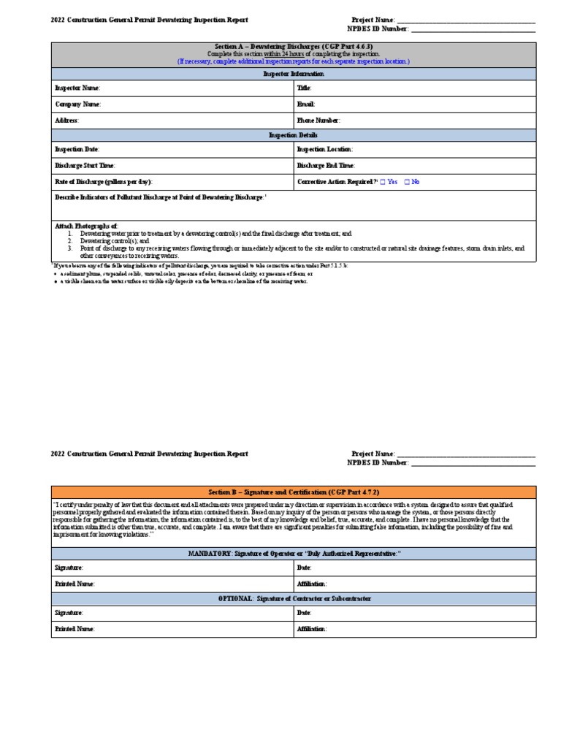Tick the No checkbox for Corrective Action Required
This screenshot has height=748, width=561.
coord(408,182)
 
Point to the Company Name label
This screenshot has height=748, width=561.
coord(77,104)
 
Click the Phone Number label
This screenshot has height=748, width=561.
coord(318,121)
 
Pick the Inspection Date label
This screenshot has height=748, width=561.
coord(76,149)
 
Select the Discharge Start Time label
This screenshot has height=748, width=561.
coord(85,166)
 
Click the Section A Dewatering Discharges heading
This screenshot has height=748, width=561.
coord(294,46)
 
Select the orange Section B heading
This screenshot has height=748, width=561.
coord(294,492)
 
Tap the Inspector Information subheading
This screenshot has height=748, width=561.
coord(294,74)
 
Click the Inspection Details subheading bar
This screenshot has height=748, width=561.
coord(294,136)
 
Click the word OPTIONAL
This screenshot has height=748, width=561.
coord(237,599)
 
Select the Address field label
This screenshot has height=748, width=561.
coord(67,121)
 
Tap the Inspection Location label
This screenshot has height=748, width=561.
coord(325,149)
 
